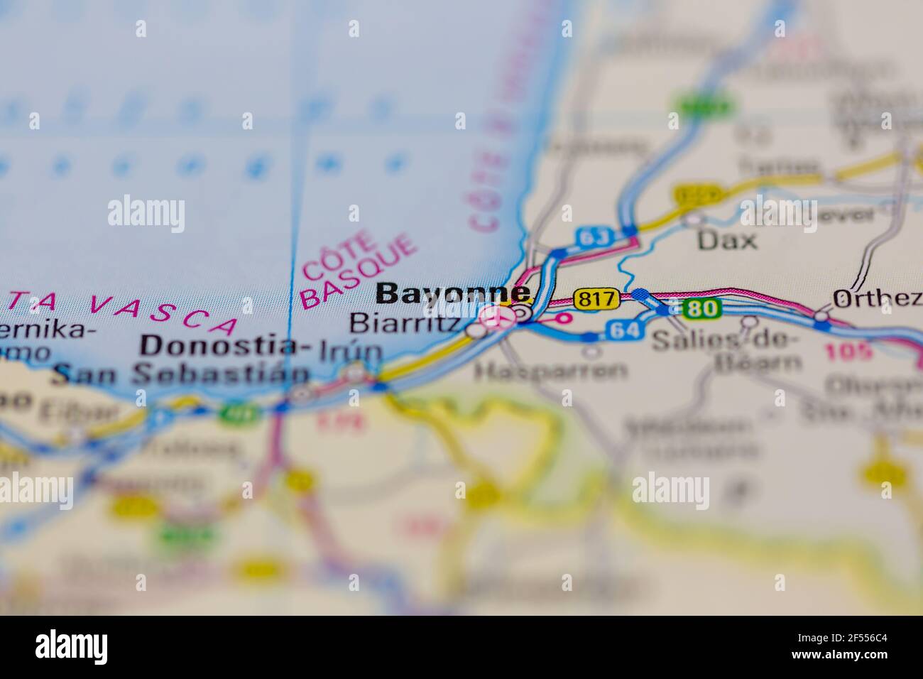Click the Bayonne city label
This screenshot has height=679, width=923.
[x=452, y=293]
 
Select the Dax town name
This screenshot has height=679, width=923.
[x=726, y=240]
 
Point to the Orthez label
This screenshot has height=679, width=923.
[x=876, y=298]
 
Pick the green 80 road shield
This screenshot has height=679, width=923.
[x=702, y=308]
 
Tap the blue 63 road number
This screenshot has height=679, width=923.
[x=594, y=237]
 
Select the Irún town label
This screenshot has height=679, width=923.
[x=351, y=351]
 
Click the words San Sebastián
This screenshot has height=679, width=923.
[x=182, y=375]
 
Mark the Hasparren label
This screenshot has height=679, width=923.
[x=551, y=370]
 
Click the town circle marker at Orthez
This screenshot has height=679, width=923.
[x=822, y=315]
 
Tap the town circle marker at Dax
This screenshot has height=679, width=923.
[x=693, y=220]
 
